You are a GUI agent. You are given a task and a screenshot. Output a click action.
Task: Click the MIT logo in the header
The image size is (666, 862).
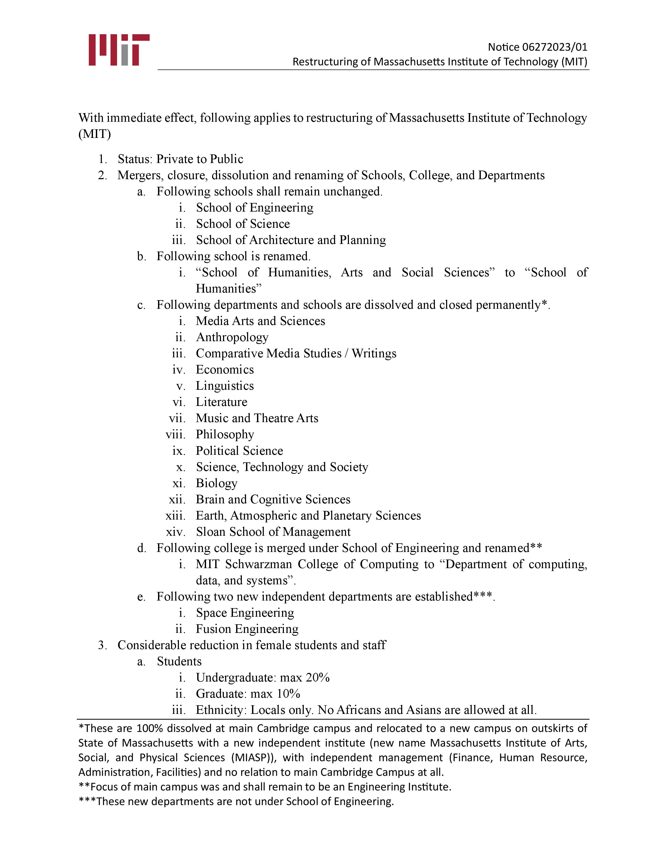point(119,50)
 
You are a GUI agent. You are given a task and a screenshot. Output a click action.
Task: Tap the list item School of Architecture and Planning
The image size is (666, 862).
point(291,240)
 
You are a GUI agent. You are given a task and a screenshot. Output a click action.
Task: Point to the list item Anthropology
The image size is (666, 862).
point(232,337)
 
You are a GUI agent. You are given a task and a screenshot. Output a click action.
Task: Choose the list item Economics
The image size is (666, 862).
point(225,369)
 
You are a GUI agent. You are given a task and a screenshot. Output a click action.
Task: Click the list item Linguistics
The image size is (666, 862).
point(225,386)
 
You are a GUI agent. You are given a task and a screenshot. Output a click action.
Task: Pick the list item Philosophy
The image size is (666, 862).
point(225,434)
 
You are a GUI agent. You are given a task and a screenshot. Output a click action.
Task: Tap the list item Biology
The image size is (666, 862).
point(217,483)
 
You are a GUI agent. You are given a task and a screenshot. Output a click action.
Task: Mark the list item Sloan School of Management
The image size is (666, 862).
point(273,532)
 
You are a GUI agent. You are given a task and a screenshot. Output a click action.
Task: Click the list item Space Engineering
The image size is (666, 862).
point(245,613)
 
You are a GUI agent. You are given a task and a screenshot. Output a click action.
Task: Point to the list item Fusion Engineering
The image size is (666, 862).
point(247,629)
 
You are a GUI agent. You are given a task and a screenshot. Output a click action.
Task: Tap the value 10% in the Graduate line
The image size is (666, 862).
point(288,694)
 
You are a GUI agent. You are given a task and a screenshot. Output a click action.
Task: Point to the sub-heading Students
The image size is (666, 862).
point(179,661)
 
